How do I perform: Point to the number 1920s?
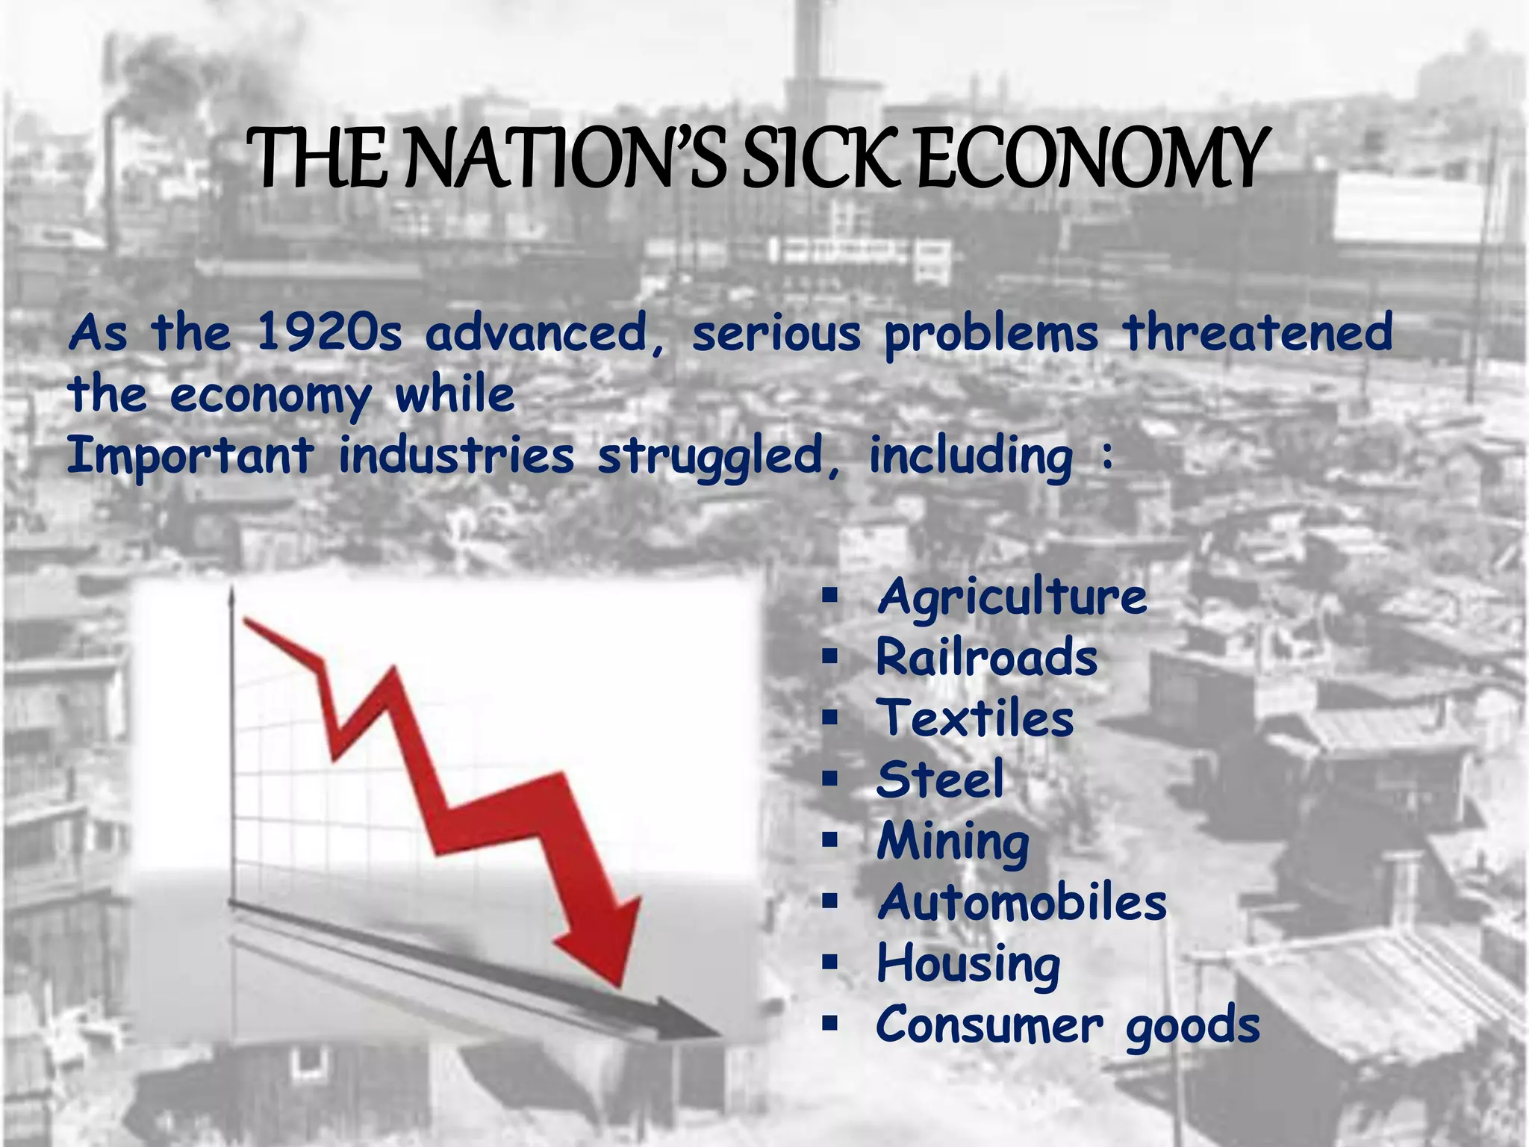tap(329, 332)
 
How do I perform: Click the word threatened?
tap(1258, 332)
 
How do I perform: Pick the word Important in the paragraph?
tap(190, 456)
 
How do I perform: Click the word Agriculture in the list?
tap(1012, 598)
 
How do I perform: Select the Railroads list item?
tap(986, 658)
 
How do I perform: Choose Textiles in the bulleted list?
tap(975, 718)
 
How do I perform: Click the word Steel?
tap(940, 780)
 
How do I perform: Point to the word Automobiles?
tap(1021, 902)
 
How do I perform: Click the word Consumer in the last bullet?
tap(988, 1025)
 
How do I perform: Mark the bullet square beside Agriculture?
tap(829, 596)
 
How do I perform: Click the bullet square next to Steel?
tap(829, 779)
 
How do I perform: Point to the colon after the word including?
tap(1107, 456)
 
